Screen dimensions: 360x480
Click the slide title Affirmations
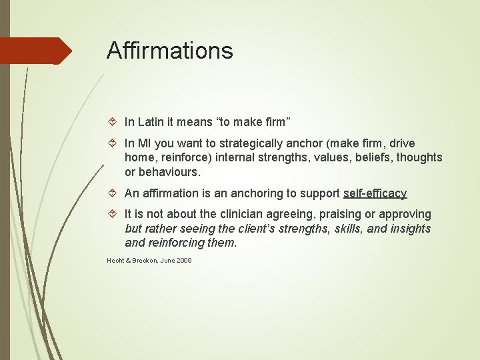169,51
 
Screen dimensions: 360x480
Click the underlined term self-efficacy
375,193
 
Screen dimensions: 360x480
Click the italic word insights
409,229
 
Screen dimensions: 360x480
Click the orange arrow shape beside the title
37,51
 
